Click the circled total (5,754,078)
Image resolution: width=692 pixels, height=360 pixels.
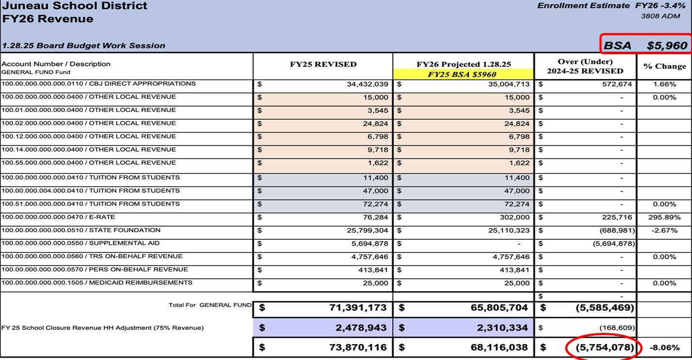604,347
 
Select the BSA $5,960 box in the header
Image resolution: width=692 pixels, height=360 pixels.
645,45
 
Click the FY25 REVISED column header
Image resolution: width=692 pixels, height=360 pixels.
322,64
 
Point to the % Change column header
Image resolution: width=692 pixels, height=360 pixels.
664,66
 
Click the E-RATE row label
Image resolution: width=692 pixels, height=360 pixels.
58,217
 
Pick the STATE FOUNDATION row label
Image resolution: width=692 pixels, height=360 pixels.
80,230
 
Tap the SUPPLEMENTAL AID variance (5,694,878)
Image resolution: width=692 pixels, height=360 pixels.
613,244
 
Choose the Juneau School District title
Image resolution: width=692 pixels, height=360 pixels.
75,6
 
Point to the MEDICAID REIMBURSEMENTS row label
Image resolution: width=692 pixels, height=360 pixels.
97,282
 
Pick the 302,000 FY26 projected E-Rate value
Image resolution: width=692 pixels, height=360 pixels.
515,218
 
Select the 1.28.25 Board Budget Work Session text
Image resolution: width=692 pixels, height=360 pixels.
83,46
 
